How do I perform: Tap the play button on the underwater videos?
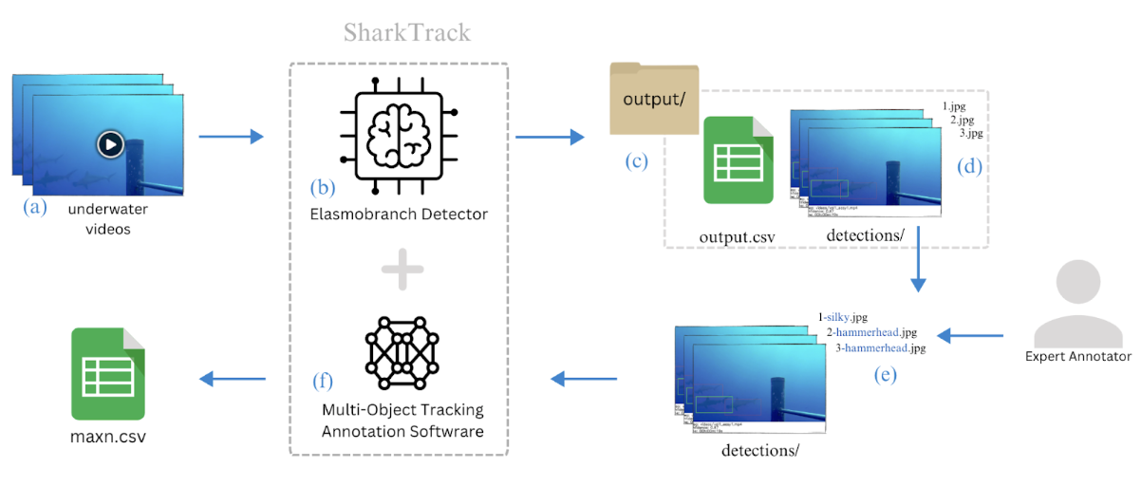click(x=109, y=144)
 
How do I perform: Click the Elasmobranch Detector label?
click(x=399, y=215)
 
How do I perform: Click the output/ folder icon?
click(x=654, y=100)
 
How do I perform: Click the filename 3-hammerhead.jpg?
click(x=880, y=348)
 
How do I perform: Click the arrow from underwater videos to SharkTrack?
click(x=230, y=138)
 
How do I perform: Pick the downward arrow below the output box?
click(x=918, y=270)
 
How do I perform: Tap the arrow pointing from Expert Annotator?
click(x=970, y=335)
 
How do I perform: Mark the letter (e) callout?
click(x=884, y=375)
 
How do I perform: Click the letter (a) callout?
click(x=34, y=207)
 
